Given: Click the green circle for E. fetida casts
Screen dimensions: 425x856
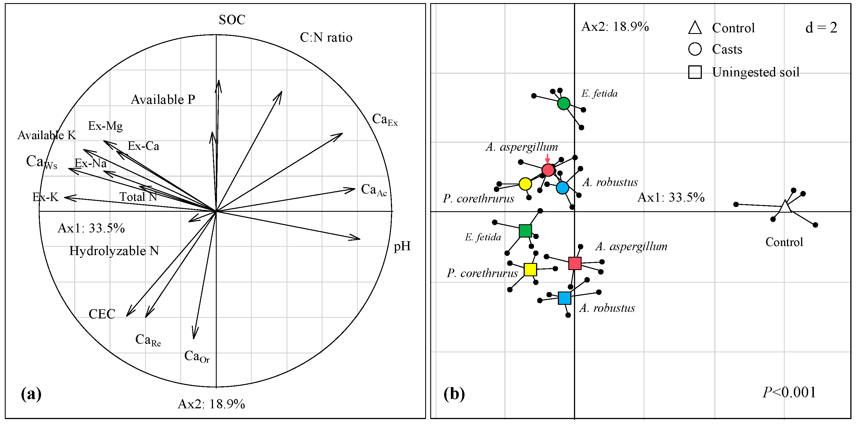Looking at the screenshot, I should pos(564,103).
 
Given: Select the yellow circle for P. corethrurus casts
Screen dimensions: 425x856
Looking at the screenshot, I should pos(525,184).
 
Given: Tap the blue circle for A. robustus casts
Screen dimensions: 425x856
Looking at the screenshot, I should pos(562,188).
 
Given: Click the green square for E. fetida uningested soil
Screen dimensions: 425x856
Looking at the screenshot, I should pos(525,231).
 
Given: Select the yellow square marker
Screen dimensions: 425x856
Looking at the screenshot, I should pos(530,269).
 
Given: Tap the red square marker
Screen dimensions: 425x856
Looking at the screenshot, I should pos(575,263).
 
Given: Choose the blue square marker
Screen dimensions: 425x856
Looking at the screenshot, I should pos(564,298).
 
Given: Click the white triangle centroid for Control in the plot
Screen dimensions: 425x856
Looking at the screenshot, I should pos(785,207).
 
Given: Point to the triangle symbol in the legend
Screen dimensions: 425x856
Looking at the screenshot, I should pos(694,28).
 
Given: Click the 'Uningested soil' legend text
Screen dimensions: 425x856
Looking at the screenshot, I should pos(755,72).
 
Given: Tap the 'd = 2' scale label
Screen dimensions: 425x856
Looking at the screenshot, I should pos(821,28).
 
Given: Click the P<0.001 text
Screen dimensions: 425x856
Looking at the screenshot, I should pos(789,392).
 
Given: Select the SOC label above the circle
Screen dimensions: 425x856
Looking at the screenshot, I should pos(232,20).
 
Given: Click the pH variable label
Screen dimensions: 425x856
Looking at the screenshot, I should pos(402,246).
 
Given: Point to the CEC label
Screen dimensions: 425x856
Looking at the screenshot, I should pos(102,314).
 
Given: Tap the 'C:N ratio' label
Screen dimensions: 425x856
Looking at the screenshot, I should pos(326,38).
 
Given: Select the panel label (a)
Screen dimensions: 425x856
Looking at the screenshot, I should pos(31,394).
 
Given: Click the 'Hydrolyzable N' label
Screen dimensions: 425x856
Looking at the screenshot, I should pos(114,251).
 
